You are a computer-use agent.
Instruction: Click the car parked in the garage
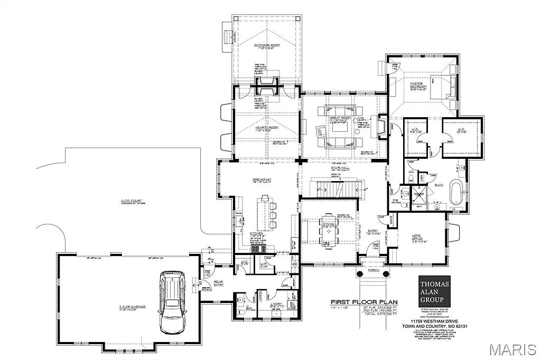[x=172, y=301]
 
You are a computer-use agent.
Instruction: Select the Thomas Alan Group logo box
[x=434, y=290]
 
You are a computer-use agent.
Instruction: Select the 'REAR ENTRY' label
[x=219, y=283]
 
